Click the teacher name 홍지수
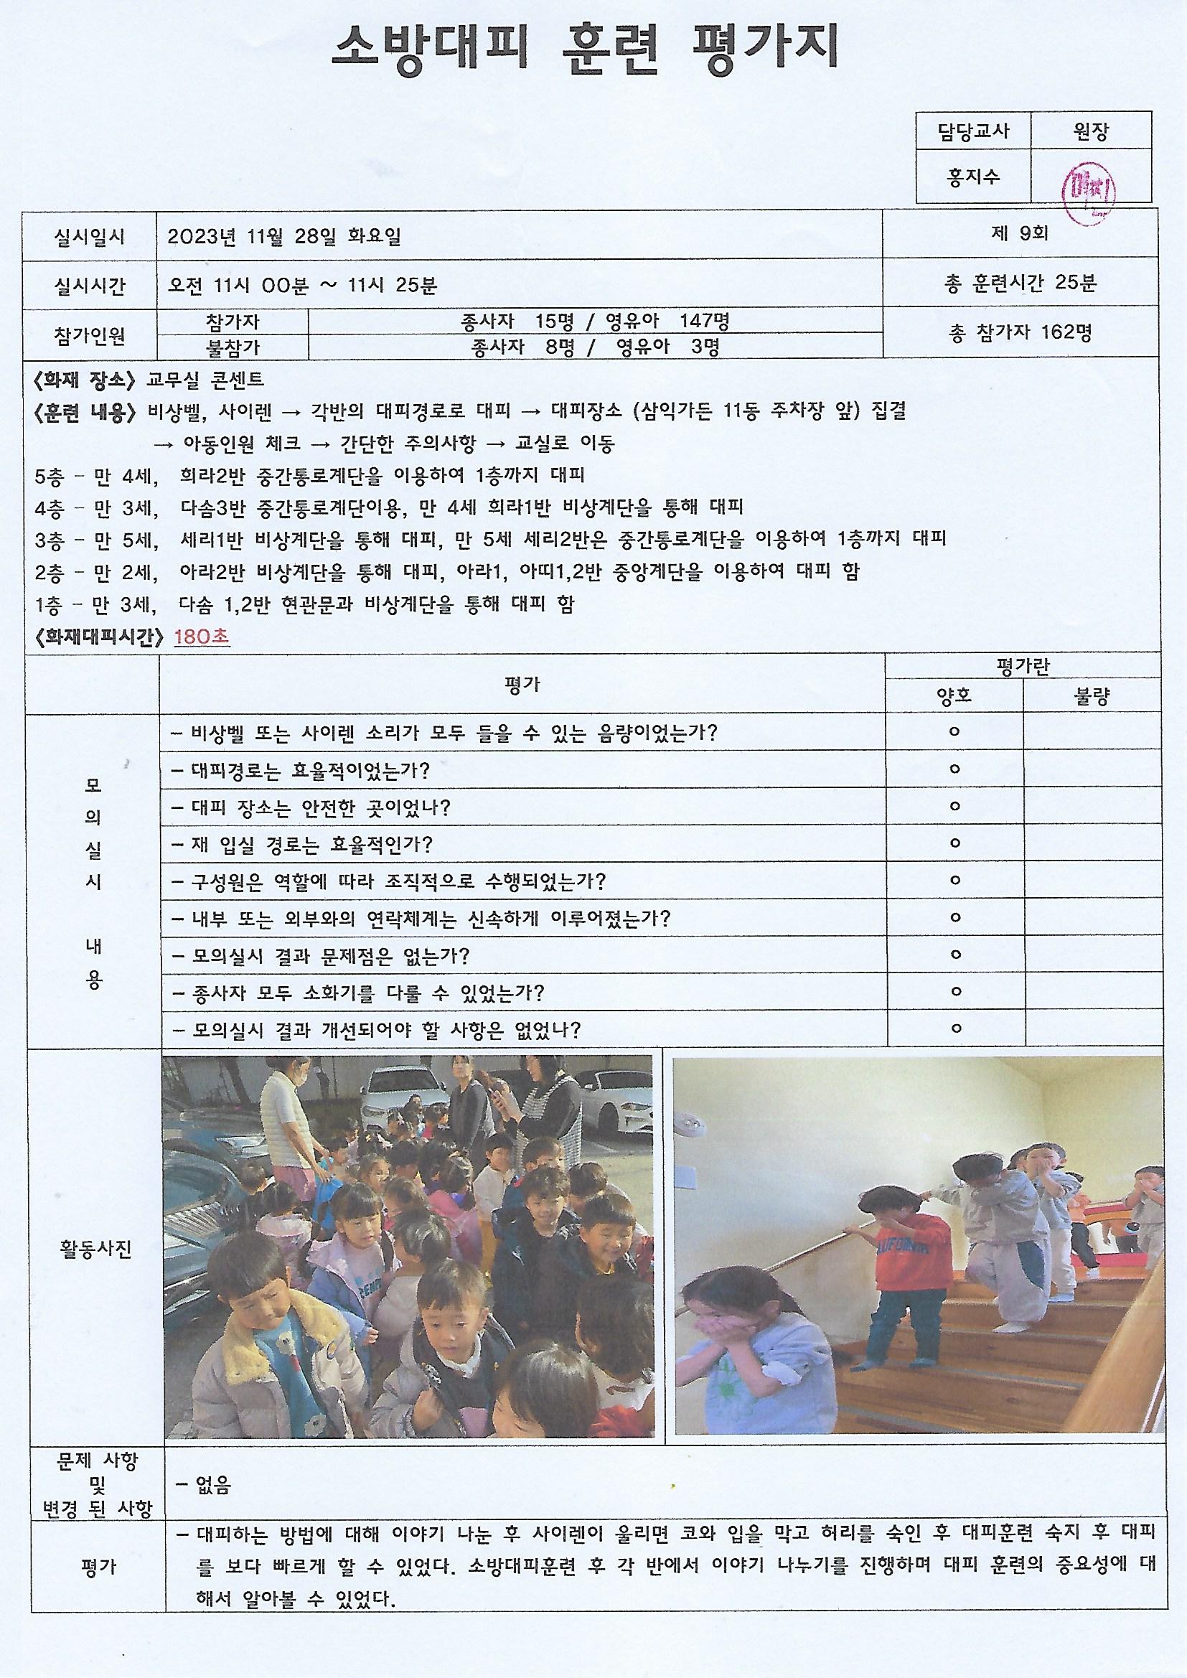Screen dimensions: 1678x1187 [972, 177]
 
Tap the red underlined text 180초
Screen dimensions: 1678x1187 [202, 637]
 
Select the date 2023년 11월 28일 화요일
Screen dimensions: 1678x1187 [284, 236]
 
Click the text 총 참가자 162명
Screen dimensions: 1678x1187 [1021, 332]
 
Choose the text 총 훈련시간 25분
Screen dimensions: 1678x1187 [1021, 283]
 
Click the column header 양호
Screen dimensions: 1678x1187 [954, 695]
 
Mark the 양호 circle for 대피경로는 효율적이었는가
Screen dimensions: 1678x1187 [954, 769]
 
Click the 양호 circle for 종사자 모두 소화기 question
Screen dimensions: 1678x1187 [954, 992]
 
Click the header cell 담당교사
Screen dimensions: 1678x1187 [973, 131]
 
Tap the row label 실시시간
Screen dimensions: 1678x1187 [89, 285]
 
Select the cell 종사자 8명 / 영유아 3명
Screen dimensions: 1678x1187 [595, 347]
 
